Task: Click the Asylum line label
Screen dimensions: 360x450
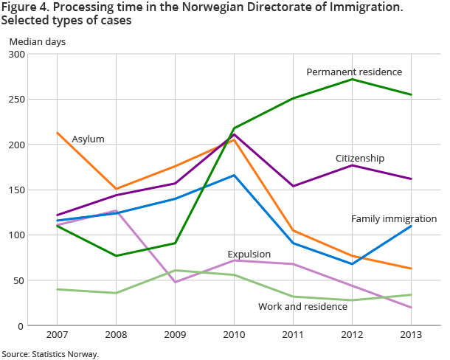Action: click(88, 139)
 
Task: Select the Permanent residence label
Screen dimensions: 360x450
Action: click(354, 72)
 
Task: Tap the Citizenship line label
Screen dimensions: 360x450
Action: click(360, 158)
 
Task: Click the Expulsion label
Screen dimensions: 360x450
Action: click(249, 254)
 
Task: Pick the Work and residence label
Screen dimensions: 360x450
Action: click(302, 305)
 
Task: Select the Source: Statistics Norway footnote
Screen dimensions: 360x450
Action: click(50, 354)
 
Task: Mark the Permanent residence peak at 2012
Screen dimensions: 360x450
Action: click(352, 79)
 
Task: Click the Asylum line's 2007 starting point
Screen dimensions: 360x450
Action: click(57, 133)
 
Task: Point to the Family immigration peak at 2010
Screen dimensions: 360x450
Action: click(234, 175)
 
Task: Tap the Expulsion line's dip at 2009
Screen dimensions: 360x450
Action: click(175, 282)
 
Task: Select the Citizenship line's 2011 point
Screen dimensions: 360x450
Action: click(293, 186)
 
